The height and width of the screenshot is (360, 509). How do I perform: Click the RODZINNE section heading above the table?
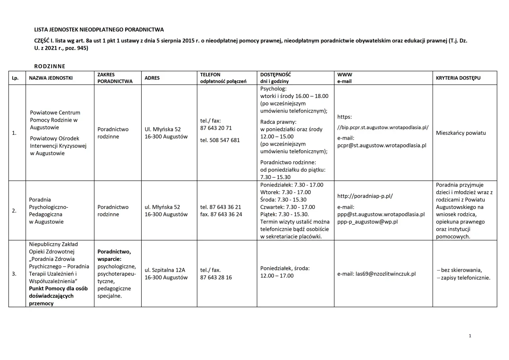[50, 66]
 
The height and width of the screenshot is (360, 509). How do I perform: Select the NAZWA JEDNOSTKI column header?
[51, 78]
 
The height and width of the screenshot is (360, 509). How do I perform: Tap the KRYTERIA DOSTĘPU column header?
[458, 78]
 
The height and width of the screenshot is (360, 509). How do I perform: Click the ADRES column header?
[152, 78]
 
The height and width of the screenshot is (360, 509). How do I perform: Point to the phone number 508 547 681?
[220, 140]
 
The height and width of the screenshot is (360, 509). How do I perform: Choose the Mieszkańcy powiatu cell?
[461, 133]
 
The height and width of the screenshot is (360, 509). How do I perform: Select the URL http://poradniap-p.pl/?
[365, 196]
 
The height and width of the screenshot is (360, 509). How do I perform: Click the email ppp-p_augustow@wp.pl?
[367, 222]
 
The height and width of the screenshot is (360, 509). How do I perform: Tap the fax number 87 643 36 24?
[221, 214]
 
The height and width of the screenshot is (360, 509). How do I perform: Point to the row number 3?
[14, 274]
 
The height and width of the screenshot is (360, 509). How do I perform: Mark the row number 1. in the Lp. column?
[14, 133]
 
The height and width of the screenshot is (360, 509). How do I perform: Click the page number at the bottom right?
[470, 336]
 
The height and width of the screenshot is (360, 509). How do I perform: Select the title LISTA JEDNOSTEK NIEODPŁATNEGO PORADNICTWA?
[99, 30]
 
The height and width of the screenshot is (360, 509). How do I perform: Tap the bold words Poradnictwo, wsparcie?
[114, 255]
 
